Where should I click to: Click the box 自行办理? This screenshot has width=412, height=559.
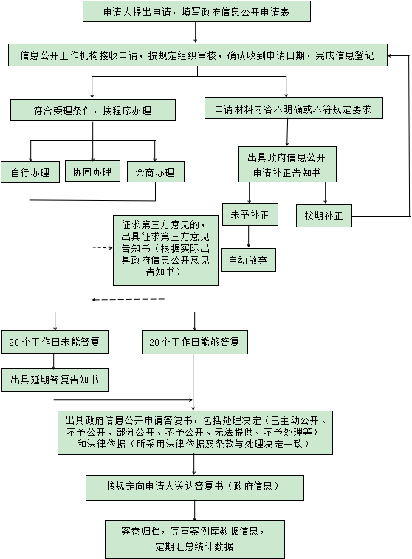tap(30, 172)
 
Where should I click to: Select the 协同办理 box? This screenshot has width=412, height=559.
tap(93, 171)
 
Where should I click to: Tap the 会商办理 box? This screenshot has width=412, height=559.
tap(156, 172)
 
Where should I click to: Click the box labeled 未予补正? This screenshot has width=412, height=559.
tap(250, 215)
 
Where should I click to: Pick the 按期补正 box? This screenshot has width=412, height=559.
tap(324, 216)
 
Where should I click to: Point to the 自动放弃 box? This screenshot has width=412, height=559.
tap(248, 260)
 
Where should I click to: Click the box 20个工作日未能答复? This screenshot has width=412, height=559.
tap(55, 342)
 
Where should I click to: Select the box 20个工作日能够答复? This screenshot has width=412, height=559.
tap(195, 342)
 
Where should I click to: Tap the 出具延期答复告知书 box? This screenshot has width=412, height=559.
tap(55, 380)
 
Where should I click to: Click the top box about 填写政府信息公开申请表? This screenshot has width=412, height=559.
tap(196, 12)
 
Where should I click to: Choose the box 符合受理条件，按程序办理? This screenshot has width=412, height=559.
tap(93, 110)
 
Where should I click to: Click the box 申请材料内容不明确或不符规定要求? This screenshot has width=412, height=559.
tap(294, 109)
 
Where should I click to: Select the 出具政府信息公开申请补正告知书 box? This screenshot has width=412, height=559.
tap(287, 165)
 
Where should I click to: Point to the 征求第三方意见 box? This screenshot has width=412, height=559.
tap(165, 250)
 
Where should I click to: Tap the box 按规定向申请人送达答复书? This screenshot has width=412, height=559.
tap(195, 487)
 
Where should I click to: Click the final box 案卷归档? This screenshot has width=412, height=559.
tap(195, 539)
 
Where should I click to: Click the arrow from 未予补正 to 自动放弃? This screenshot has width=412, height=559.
tap(248, 237)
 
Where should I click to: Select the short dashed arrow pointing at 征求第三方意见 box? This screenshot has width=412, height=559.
tap(103, 247)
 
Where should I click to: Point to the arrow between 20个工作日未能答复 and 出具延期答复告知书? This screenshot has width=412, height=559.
tap(54, 361)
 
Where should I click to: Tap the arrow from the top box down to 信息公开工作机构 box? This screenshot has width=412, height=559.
tap(196, 32)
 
